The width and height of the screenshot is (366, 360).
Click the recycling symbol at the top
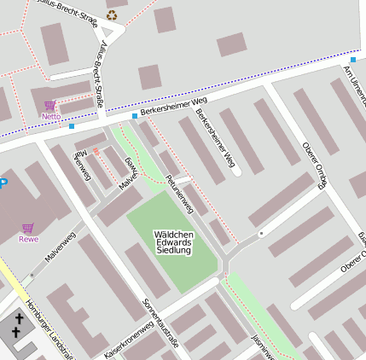(x=113, y=15)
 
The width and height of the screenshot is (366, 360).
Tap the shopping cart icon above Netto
(x=50, y=106)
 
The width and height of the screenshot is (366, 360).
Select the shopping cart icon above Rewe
(x=28, y=228)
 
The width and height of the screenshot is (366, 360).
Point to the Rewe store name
(x=28, y=239)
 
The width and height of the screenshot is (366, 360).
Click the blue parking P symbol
(x=3, y=182)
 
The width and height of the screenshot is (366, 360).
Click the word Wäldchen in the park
(x=174, y=234)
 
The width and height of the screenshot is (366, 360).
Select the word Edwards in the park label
(x=174, y=243)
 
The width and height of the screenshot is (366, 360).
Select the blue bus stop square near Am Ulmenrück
(x=353, y=60)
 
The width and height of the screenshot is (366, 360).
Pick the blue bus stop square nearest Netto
(x=72, y=126)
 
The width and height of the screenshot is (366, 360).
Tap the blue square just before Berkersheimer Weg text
(x=134, y=116)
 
